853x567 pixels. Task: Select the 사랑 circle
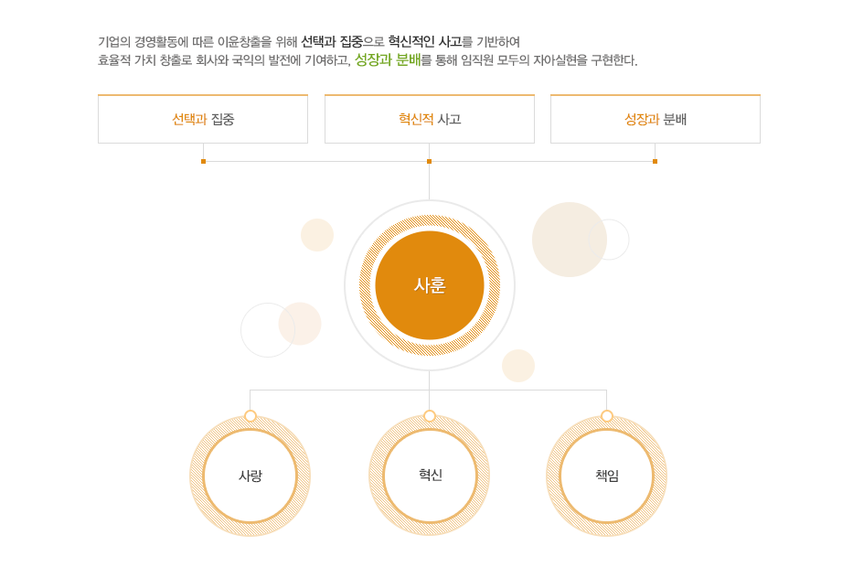point(250,476)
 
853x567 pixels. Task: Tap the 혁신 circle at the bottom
point(430,475)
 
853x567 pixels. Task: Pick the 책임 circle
point(606,476)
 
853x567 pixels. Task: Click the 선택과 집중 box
point(203,119)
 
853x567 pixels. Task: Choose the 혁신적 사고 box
point(430,119)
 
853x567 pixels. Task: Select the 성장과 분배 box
point(656,119)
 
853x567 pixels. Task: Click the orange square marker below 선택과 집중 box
point(203,161)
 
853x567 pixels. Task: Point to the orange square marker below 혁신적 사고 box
point(429,161)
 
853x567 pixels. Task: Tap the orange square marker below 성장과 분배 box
point(655,161)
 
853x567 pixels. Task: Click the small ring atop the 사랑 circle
point(251,416)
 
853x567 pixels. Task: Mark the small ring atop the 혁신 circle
point(430,416)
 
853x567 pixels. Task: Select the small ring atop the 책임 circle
point(607,416)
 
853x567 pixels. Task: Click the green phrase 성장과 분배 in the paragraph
point(388,60)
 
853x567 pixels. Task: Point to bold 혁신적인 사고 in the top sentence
point(424,41)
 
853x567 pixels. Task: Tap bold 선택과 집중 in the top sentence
point(332,41)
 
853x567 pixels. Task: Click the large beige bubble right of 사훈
point(569,240)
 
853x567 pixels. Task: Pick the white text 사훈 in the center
point(429,285)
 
